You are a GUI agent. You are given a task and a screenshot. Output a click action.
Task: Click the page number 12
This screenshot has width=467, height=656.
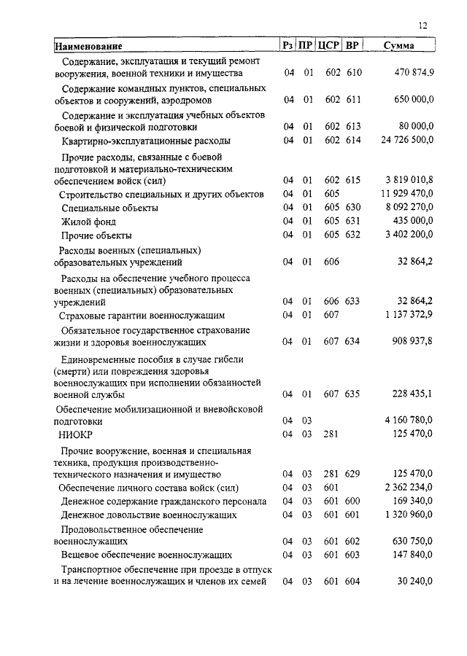click(423, 26)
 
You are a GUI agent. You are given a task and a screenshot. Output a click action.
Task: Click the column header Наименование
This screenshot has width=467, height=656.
click(88, 47)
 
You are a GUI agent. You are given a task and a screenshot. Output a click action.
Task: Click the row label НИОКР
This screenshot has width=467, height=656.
click(73, 434)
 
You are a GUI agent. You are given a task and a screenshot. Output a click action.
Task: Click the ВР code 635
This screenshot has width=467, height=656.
click(353, 394)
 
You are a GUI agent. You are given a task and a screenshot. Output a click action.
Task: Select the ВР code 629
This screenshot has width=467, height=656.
click(353, 474)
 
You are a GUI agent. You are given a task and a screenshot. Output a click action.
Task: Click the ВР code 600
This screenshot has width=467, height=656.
click(353, 501)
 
